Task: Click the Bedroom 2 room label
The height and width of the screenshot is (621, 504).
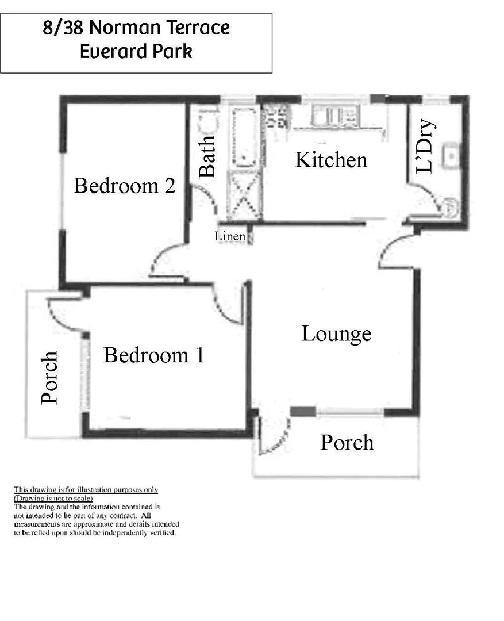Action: click(x=124, y=186)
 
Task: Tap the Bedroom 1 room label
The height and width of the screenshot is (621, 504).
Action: click(x=153, y=355)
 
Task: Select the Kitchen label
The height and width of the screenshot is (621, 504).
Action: click(x=331, y=160)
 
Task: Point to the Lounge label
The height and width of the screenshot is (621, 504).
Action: click(x=336, y=333)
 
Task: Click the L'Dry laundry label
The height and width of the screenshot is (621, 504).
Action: click(x=425, y=145)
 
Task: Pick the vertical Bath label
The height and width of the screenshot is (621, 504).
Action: click(x=207, y=156)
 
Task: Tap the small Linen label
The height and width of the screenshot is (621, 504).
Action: click(x=230, y=236)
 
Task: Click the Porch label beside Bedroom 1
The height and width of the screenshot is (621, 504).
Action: click(x=50, y=377)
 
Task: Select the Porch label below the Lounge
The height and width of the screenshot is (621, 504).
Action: click(x=347, y=442)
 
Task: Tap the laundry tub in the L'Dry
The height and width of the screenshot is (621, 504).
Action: click(x=452, y=154)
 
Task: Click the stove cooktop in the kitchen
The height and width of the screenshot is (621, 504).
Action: click(x=276, y=117)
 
